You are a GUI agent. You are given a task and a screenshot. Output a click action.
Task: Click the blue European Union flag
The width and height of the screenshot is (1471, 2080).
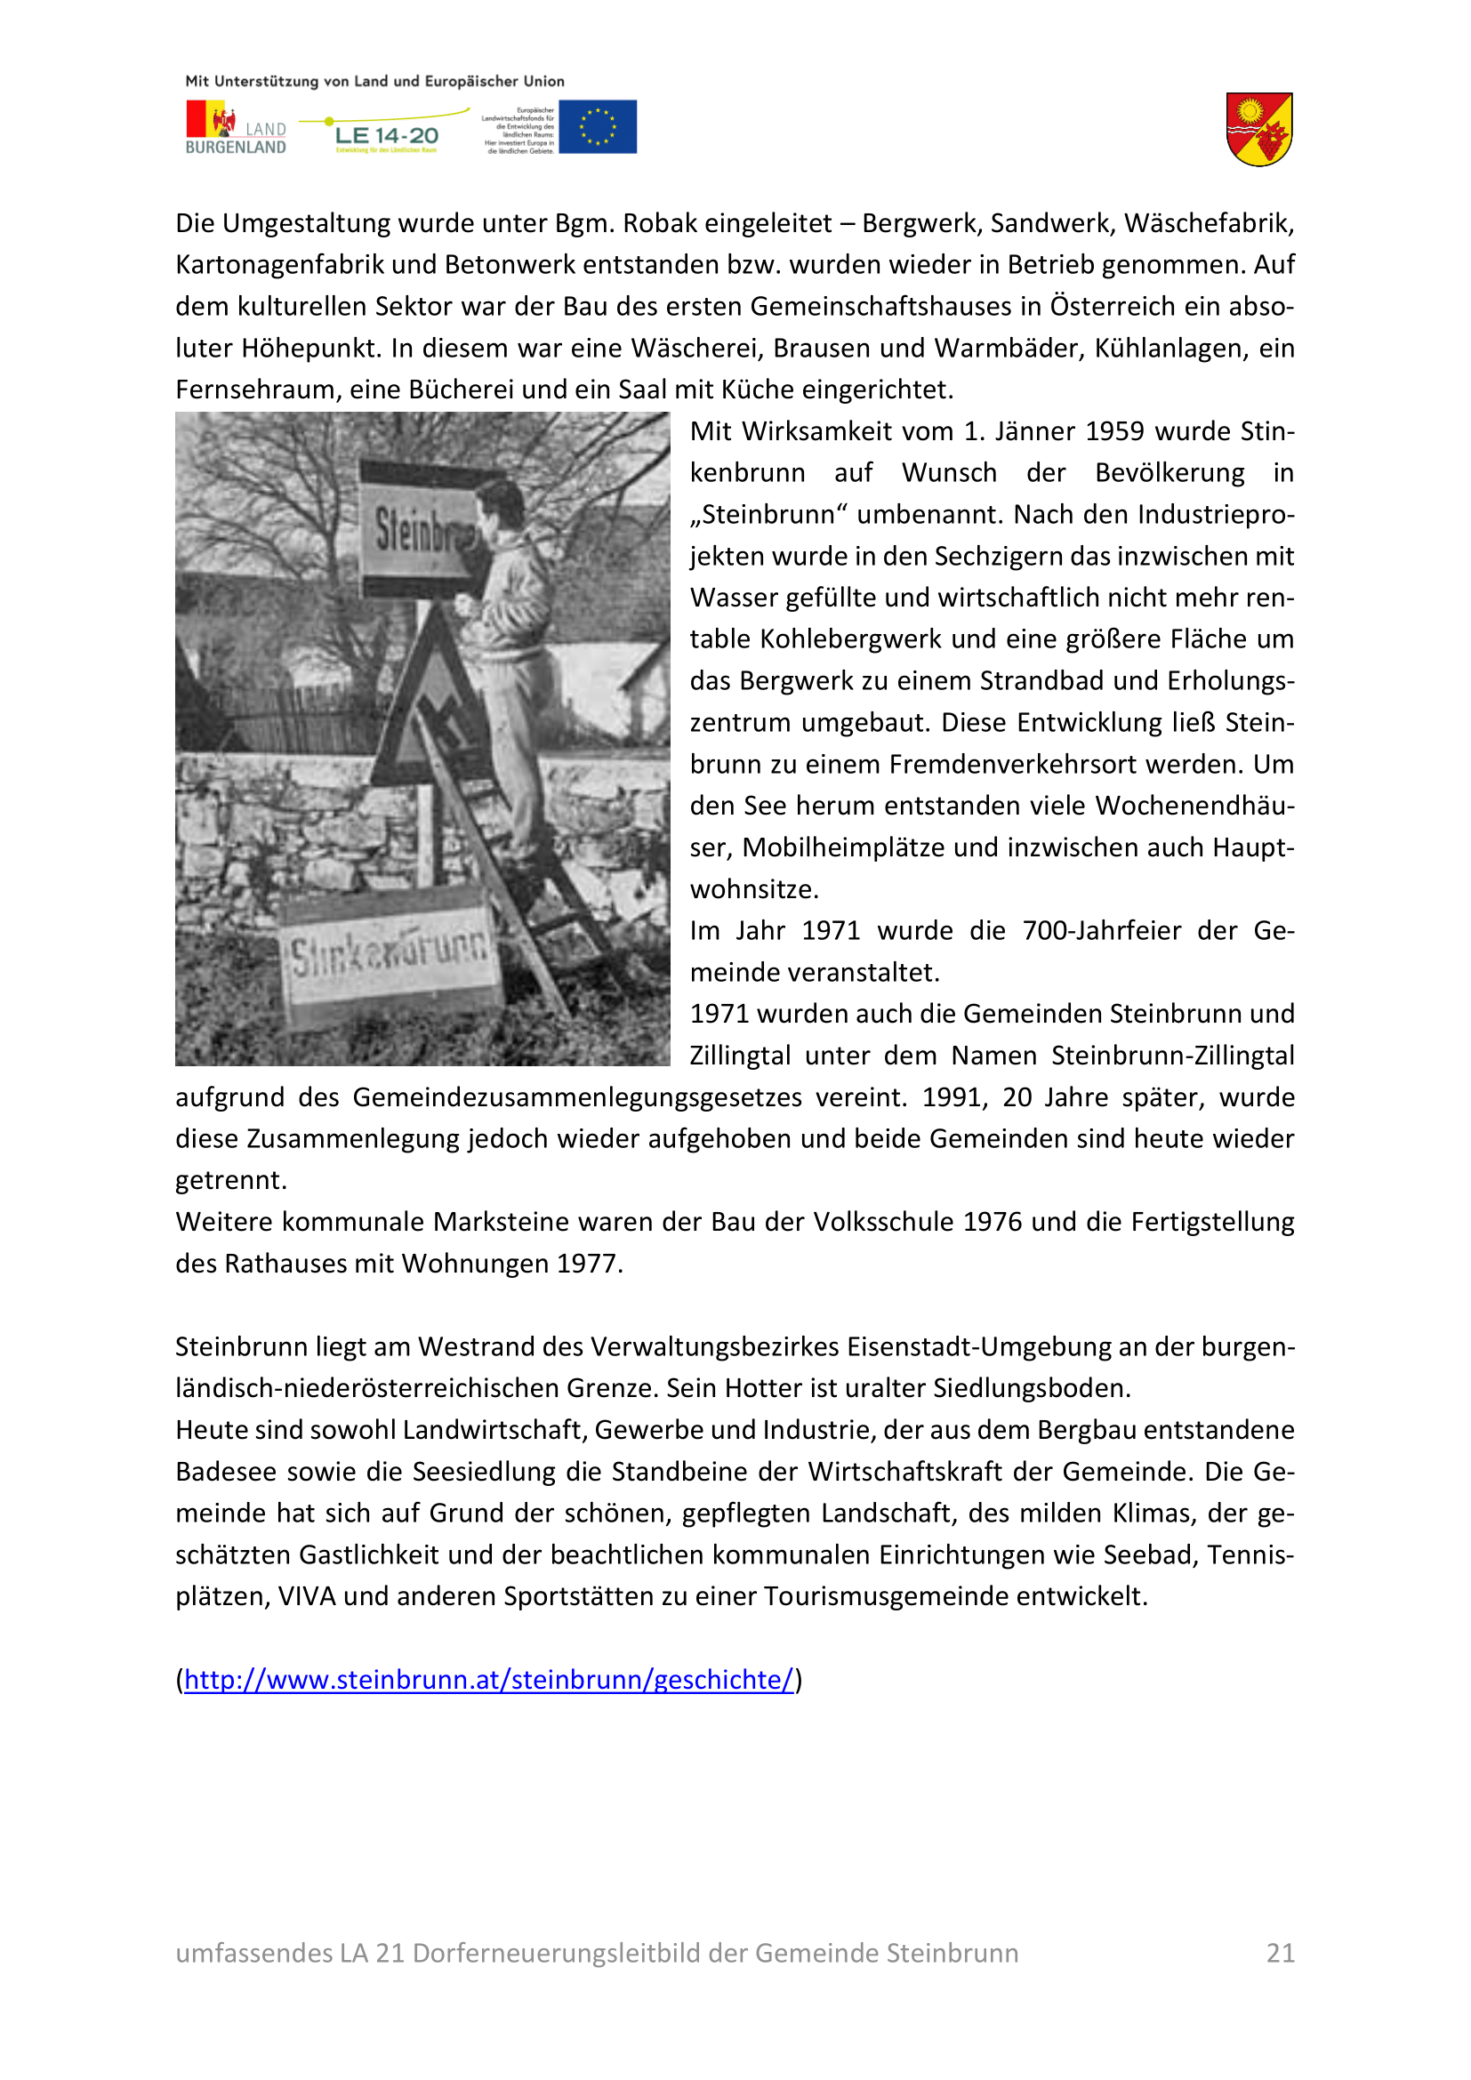click(x=598, y=127)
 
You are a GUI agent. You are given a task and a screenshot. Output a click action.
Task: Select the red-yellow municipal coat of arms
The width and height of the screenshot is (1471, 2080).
click(x=1259, y=130)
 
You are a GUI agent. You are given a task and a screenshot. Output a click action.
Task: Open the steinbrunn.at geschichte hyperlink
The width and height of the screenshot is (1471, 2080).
click(x=489, y=1680)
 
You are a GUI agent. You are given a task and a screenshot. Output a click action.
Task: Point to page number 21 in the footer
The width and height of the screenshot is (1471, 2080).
click(x=1280, y=1953)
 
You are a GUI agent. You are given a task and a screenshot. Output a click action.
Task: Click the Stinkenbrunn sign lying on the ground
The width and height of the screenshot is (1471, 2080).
click(x=390, y=955)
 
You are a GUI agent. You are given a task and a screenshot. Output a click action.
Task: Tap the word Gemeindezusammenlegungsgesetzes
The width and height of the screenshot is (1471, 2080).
click(x=577, y=1098)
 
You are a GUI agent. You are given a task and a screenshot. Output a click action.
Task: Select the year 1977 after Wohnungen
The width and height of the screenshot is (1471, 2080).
click(x=589, y=1264)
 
